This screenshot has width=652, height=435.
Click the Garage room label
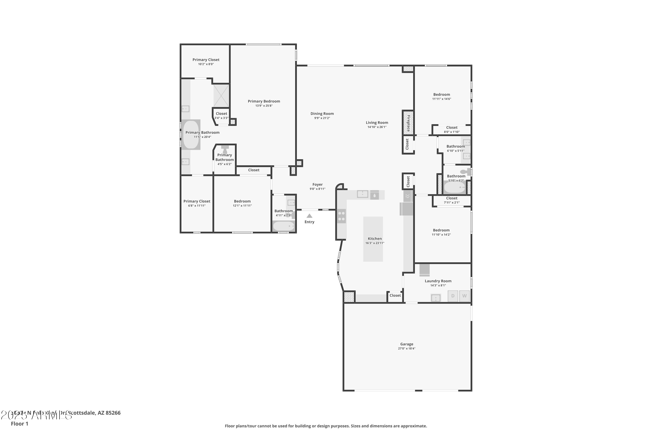tap(406, 344)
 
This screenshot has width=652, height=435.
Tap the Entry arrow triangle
tap(309, 216)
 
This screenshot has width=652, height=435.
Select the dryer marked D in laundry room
tap(453, 296)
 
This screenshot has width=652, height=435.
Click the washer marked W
tap(464, 296)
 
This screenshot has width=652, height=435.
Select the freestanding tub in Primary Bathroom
tap(191, 135)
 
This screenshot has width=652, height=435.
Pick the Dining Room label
tap(322, 114)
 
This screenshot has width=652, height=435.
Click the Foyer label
tap(317, 184)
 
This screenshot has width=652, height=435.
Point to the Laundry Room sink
tap(436, 298)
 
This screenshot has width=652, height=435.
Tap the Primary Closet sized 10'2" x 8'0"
tap(206, 62)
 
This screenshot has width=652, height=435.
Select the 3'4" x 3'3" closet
tap(221, 115)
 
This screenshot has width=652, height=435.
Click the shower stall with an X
tap(221, 95)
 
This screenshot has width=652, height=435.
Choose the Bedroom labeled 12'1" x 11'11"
tap(242, 203)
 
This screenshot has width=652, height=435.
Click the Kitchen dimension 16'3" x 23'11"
tap(374, 243)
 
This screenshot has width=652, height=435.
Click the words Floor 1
tap(19, 424)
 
